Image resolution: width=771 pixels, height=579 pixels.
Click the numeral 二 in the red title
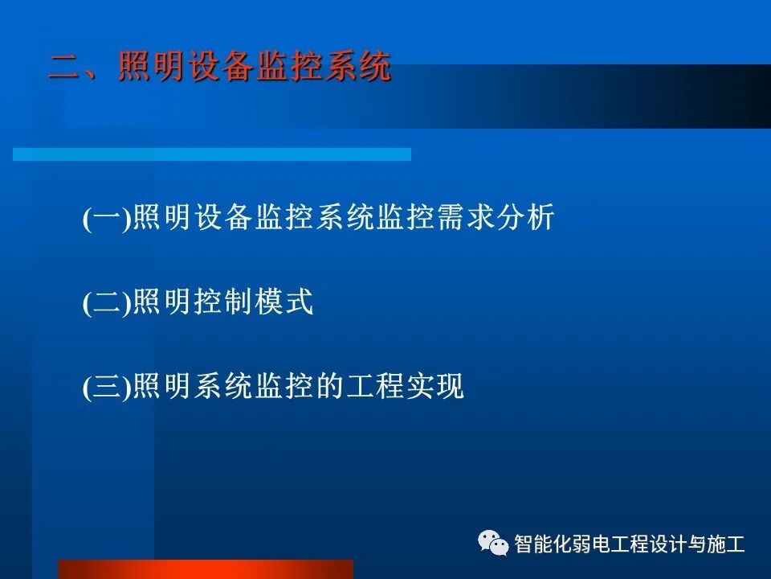click(x=64, y=67)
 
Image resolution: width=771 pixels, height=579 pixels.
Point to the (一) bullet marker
click(x=106, y=220)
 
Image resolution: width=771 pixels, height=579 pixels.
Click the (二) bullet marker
click(x=106, y=304)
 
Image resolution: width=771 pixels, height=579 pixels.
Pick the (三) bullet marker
click(x=106, y=388)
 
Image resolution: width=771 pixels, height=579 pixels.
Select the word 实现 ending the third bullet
click(x=443, y=388)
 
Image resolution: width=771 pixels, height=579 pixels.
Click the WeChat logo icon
click(x=493, y=544)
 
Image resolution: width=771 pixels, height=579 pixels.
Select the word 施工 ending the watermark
click(x=727, y=544)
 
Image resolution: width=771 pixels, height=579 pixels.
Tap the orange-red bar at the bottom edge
click(x=205, y=569)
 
